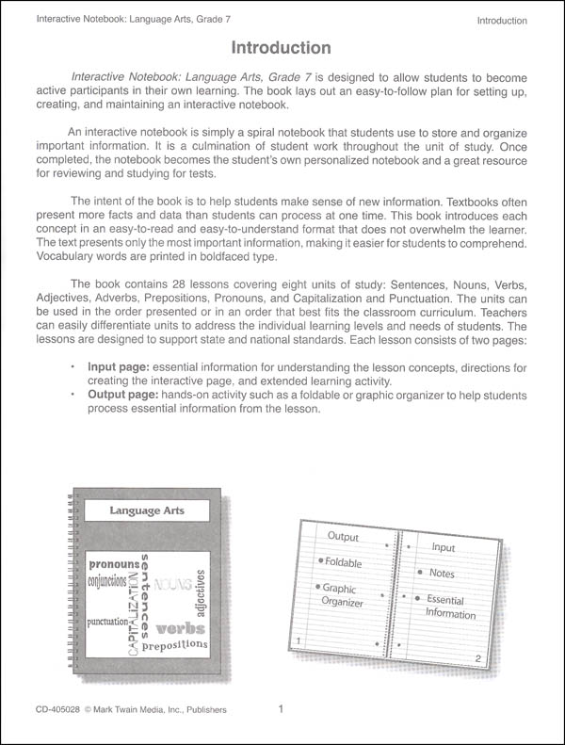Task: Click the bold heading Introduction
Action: [x=281, y=47]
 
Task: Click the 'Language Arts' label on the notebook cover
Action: [x=146, y=511]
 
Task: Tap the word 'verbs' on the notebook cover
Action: [x=181, y=627]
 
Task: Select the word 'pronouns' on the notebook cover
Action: [x=114, y=563]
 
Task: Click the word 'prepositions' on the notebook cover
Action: [x=175, y=645]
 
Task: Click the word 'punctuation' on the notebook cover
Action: [x=113, y=624]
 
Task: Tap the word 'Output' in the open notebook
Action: [x=344, y=536]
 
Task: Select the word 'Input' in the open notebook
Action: [x=443, y=547]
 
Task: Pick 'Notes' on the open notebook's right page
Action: [x=441, y=573]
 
